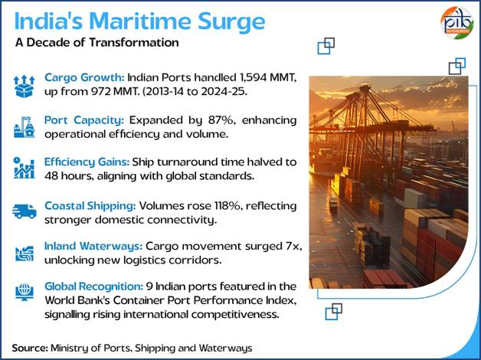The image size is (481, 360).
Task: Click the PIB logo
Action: pos(456,22)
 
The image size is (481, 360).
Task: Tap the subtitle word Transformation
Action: pos(134,42)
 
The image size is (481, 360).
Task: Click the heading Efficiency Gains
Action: pos(87,162)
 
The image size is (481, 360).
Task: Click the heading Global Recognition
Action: pos(93,286)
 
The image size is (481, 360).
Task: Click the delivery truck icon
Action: pos(25,211)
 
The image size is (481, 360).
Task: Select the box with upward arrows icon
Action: pos(25,87)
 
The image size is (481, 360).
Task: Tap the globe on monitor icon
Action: pos(25,293)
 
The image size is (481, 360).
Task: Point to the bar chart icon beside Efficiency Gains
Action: pos(25,168)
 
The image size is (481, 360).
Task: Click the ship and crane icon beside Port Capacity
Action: pos(25,127)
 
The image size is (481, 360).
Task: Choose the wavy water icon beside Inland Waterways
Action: pos(25,254)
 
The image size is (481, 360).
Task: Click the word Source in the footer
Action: pos(30,348)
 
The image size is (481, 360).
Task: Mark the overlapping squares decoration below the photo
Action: pos(333,312)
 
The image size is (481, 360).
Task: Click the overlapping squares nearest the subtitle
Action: pos(326,46)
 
